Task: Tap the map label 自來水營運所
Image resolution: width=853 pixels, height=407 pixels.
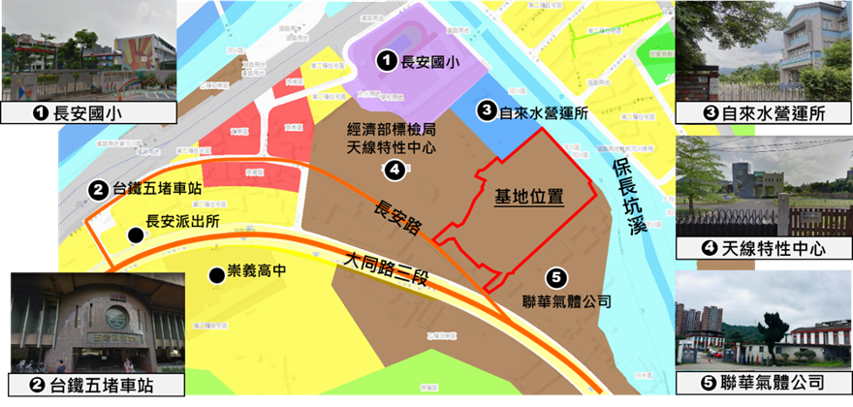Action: (545, 112)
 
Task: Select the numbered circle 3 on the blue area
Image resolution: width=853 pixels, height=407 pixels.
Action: (488, 111)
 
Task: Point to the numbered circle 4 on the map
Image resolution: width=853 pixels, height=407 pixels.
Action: (394, 171)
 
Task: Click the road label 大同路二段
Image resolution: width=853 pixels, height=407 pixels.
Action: (385, 270)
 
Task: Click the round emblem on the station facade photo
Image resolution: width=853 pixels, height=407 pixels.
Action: (116, 318)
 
